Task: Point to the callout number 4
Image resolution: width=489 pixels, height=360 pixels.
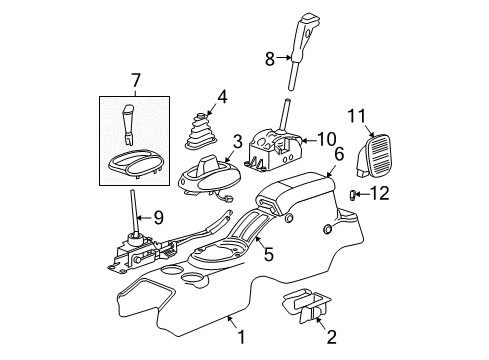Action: [222, 97]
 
